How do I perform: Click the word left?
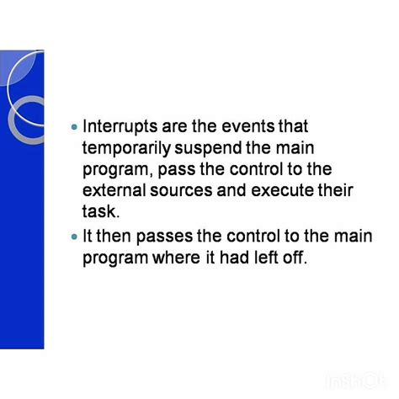pyautogui.click(x=270, y=258)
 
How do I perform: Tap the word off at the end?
pyautogui.click(x=297, y=258)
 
